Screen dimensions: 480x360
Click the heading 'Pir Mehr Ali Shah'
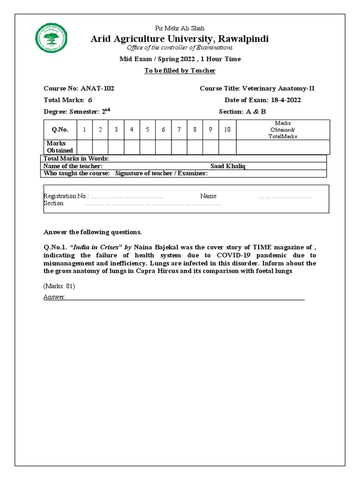point(180,29)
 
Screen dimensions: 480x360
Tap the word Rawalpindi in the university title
point(241,38)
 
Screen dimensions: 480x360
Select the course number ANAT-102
point(97,88)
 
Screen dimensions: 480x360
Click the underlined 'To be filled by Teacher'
point(180,70)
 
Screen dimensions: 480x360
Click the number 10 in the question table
point(227,130)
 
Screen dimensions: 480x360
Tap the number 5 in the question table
point(148,130)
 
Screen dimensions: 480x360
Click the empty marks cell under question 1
point(84,147)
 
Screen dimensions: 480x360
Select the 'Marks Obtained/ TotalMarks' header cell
point(283,130)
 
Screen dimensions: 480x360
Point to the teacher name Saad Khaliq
point(228,166)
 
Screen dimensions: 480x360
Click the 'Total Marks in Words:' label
point(76,159)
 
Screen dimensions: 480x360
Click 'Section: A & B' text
point(242,112)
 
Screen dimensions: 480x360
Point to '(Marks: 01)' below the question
point(59,286)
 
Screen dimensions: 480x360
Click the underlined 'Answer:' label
point(54,297)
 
